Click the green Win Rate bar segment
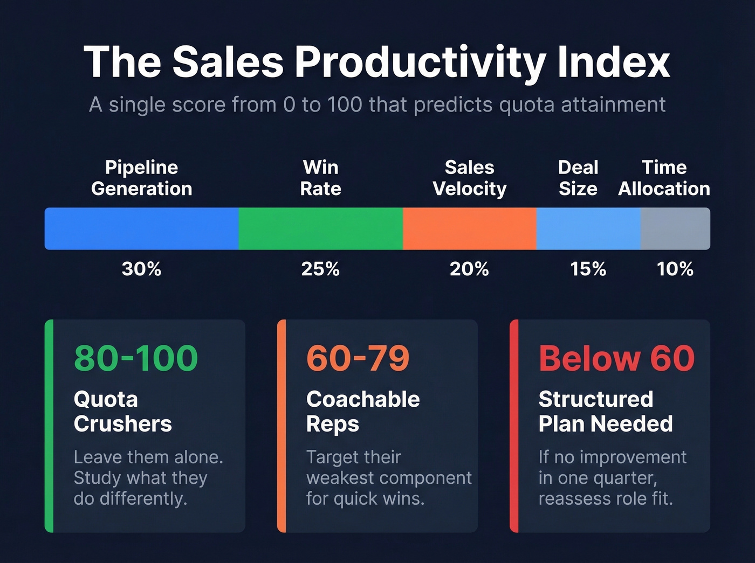pos(320,228)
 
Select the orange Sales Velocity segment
pos(469,228)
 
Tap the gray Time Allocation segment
pos(675,228)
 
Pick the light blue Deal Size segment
pos(588,228)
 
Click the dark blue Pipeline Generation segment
pos(141,228)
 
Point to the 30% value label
pos(141,269)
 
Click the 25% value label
pos(320,269)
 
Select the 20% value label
pos(469,269)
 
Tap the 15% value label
pos(588,269)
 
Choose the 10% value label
pos(675,269)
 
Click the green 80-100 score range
pos(136,358)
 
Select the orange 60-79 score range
pos(358,358)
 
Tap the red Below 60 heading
pos(616,358)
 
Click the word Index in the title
pos(614,62)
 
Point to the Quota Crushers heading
pos(122,412)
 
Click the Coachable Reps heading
pos(362,412)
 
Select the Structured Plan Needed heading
pos(605,412)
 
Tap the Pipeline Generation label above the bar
pos(141,178)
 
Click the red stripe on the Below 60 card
pos(514,426)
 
